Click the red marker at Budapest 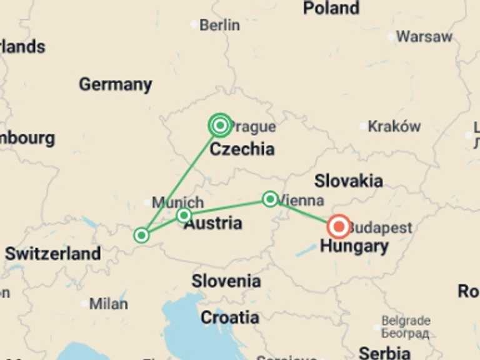(x=339, y=226)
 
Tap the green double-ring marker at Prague (x=220, y=126)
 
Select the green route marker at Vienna (x=270, y=199)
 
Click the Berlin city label (x=219, y=25)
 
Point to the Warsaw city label (x=424, y=36)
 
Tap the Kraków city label (x=394, y=126)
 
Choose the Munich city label (x=178, y=202)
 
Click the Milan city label (x=108, y=304)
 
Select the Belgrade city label (x=406, y=321)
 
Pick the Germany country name (x=115, y=84)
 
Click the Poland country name (x=331, y=8)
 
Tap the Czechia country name (x=242, y=149)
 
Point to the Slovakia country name (x=349, y=181)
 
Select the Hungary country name (x=354, y=246)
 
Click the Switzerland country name (x=53, y=254)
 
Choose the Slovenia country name (x=226, y=281)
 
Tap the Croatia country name (x=230, y=317)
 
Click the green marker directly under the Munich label (x=184, y=216)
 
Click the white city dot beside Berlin (x=194, y=24)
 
